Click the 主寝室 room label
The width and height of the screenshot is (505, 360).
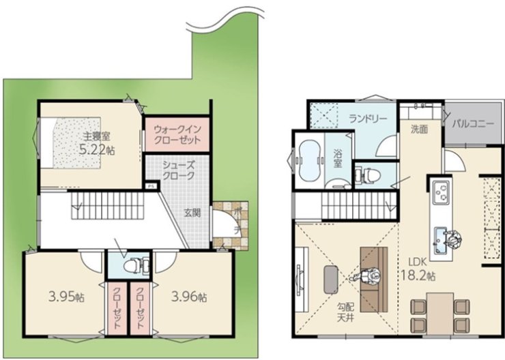[x=97, y=136]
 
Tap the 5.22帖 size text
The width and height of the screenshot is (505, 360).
[x=97, y=150]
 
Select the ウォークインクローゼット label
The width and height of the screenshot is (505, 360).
[x=177, y=134]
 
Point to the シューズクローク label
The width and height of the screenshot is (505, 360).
[x=178, y=170]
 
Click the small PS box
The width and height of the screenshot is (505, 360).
[x=151, y=186]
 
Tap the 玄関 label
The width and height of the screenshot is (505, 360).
[x=192, y=213]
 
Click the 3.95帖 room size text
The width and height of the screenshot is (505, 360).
[x=66, y=297]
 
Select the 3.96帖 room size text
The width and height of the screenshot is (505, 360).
[x=189, y=297]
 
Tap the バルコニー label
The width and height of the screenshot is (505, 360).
[x=472, y=123]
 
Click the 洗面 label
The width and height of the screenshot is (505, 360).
[x=419, y=130]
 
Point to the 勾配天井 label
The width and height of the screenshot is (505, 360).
[x=345, y=312]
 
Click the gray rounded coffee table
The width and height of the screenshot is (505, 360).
[x=331, y=280]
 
